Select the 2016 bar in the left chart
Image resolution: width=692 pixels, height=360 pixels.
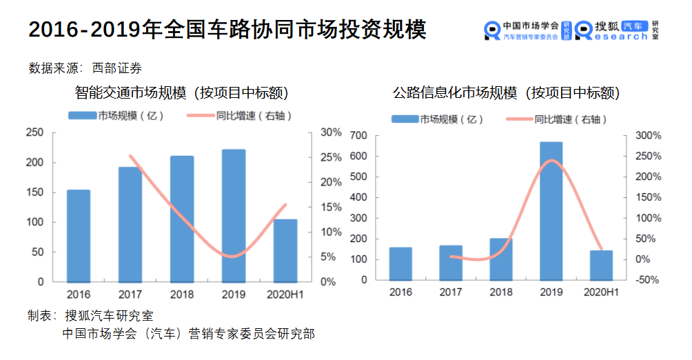point(79,235)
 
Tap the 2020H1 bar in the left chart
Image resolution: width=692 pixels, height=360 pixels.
point(285,250)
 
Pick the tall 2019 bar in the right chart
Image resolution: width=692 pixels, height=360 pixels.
point(551,211)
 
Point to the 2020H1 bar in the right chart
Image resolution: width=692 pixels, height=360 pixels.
point(601,266)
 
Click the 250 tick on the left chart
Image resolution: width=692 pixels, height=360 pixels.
point(34,132)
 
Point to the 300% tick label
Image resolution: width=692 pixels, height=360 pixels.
point(648,135)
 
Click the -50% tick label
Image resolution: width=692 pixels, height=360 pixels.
point(649,280)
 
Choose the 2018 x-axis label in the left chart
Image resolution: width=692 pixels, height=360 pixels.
point(182,294)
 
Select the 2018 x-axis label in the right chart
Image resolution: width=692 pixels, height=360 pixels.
point(501,292)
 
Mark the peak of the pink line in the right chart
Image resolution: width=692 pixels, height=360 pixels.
point(551,161)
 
